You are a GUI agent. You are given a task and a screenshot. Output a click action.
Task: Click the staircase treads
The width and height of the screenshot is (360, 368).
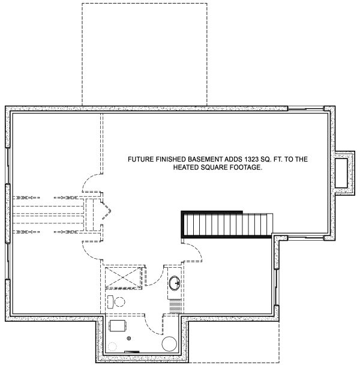click(227, 225)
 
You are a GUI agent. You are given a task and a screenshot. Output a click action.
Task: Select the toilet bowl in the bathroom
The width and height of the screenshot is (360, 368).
click(119, 301)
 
